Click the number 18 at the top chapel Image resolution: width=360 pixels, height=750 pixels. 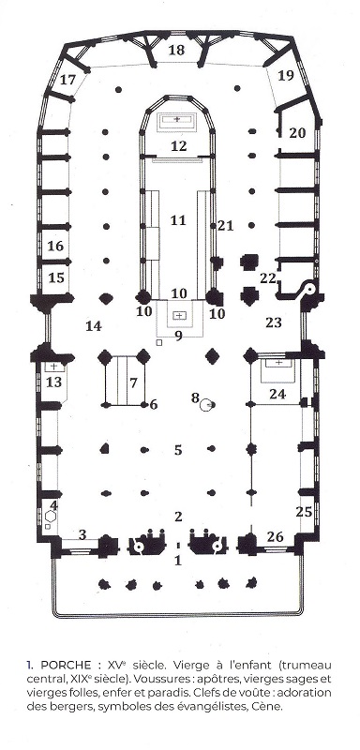click(177, 50)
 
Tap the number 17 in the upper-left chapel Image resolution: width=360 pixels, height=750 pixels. click(67, 80)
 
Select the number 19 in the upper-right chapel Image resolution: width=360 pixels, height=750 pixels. click(285, 76)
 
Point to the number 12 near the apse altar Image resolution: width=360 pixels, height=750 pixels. click(178, 146)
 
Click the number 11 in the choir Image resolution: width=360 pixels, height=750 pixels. click(178, 220)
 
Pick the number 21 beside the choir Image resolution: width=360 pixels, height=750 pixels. click(226, 225)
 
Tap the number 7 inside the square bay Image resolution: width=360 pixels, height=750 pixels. click(133, 382)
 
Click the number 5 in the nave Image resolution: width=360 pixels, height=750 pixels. click(178, 450)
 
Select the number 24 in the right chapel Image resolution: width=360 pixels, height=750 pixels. click(277, 395)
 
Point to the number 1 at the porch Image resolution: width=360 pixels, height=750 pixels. click(178, 560)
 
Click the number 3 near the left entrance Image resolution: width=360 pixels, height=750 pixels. click(82, 534)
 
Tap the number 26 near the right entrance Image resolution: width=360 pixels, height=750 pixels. click(275, 536)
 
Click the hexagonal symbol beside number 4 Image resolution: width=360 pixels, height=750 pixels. click(52, 517)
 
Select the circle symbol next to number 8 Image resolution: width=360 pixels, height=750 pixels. click(207, 406)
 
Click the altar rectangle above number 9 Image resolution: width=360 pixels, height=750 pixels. click(179, 316)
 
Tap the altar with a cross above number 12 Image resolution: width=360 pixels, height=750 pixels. click(177, 118)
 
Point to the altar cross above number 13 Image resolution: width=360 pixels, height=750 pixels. click(54, 367)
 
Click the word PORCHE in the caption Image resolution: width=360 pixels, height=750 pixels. click(67, 666)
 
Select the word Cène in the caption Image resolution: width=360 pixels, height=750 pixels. click(270, 706)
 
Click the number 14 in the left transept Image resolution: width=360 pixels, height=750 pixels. click(94, 326)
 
